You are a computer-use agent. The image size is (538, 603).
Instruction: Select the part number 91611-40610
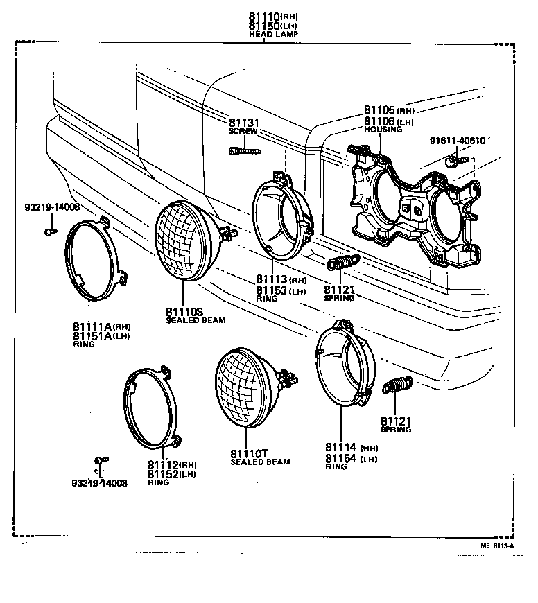tap(457, 140)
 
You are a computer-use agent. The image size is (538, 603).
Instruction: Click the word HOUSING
tap(383, 130)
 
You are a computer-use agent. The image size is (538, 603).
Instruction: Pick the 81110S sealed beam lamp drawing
tap(186, 242)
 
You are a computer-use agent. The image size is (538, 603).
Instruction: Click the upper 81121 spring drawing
tap(342, 263)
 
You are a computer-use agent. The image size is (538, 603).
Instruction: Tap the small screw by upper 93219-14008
tap(50, 231)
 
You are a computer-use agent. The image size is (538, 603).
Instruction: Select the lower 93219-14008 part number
tap(99, 483)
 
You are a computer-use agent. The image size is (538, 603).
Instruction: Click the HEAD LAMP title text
tap(269, 35)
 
